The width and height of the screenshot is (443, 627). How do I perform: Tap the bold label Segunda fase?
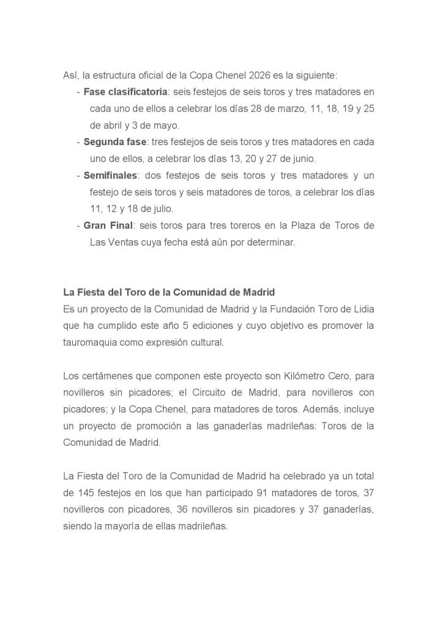pos(115,142)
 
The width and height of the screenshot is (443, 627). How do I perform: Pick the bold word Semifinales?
pos(110,175)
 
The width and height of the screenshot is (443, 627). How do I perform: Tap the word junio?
pos(303,159)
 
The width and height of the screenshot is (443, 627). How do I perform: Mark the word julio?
pos(160,208)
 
